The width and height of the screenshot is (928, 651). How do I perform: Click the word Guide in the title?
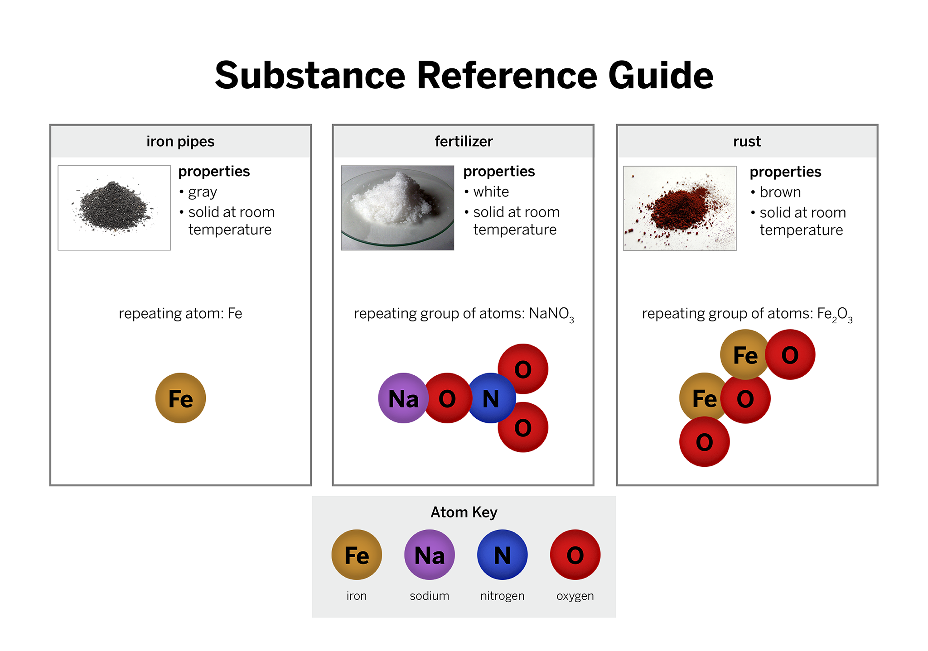point(661,75)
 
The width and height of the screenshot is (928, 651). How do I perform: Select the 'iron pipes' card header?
point(180,142)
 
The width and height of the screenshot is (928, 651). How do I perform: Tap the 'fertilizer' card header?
point(463,142)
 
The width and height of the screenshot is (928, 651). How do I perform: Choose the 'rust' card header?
point(747,142)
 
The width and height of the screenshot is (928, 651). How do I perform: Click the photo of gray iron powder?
point(114,208)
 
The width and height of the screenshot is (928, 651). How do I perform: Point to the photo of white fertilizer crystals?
point(397,208)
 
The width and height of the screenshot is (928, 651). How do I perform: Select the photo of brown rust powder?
point(680,208)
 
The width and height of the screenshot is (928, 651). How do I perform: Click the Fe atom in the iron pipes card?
point(180,398)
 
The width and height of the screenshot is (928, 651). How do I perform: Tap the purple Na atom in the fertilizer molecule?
point(403,398)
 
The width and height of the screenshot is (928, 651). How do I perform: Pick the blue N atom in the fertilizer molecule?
point(491,398)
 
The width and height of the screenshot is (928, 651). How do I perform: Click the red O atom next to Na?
point(447,398)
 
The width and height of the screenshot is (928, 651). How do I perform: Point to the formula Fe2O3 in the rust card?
point(835,314)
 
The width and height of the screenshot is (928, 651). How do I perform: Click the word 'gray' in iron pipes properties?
point(203,193)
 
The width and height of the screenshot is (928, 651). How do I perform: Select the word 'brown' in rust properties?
point(780,192)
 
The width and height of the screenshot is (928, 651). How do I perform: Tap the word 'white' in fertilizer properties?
point(491,191)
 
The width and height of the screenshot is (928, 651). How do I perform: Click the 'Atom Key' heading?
point(464,512)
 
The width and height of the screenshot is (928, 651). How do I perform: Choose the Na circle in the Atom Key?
point(430,555)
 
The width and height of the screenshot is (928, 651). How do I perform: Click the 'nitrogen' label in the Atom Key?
point(502,596)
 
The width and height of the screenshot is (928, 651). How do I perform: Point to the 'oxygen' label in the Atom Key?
point(575,596)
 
